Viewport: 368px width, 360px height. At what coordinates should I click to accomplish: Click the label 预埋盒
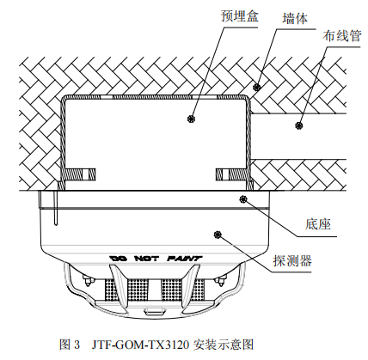click(239, 15)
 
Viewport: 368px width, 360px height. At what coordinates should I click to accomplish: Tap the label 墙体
click(295, 18)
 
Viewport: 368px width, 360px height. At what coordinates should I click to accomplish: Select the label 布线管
click(341, 36)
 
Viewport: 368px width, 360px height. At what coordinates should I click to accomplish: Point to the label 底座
click(318, 224)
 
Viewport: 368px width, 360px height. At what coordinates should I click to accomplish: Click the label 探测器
click(292, 260)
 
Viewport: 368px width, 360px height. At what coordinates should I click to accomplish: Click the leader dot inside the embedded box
click(191, 119)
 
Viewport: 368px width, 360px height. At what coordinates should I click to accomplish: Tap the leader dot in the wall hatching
click(256, 87)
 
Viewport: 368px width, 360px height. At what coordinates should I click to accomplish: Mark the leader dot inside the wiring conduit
click(299, 125)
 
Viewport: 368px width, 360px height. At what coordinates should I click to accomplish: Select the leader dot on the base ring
click(243, 199)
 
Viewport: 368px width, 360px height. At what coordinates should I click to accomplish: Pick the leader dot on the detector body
click(218, 235)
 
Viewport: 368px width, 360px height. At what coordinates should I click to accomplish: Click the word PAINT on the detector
click(185, 259)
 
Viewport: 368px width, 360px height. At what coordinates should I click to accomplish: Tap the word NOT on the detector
click(146, 259)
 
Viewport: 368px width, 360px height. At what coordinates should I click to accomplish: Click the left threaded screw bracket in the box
click(78, 174)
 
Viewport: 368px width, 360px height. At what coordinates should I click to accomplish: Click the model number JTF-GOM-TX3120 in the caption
click(140, 344)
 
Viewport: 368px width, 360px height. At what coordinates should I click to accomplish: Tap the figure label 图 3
click(70, 344)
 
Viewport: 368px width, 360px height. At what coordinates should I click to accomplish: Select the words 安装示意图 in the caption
click(224, 344)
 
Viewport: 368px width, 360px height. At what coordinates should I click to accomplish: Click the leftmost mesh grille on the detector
click(112, 290)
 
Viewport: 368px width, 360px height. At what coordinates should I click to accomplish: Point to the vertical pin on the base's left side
click(56, 208)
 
